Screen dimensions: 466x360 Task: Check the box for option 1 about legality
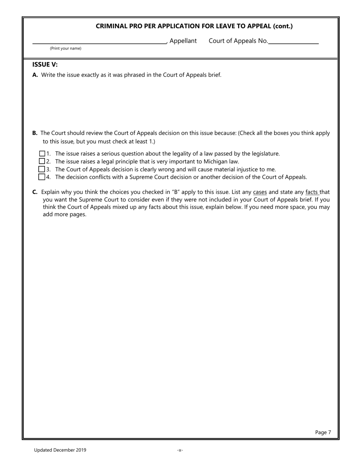[x=42, y=153]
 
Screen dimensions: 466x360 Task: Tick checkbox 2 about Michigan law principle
[x=42, y=161]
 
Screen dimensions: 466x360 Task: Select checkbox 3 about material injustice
[x=42, y=169]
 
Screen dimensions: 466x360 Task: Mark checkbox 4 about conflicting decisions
[x=42, y=177]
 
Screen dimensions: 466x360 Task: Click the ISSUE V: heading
[x=45, y=64]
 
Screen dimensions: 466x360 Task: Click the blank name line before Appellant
[x=99, y=41]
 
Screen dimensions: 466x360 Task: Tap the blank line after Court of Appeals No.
[x=294, y=41]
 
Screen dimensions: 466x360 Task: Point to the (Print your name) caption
[x=66, y=48]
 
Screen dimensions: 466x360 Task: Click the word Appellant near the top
[x=183, y=41]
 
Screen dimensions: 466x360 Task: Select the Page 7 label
[x=323, y=432]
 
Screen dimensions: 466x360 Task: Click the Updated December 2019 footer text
[x=60, y=450]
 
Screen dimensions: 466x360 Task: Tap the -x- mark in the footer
[x=180, y=450]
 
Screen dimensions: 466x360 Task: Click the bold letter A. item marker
[x=35, y=75]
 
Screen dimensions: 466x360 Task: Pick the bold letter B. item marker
[x=35, y=133]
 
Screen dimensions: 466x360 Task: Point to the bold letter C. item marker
[x=35, y=192]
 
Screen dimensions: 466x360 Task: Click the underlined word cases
[x=260, y=192]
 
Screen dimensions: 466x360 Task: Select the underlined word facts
[x=312, y=192]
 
